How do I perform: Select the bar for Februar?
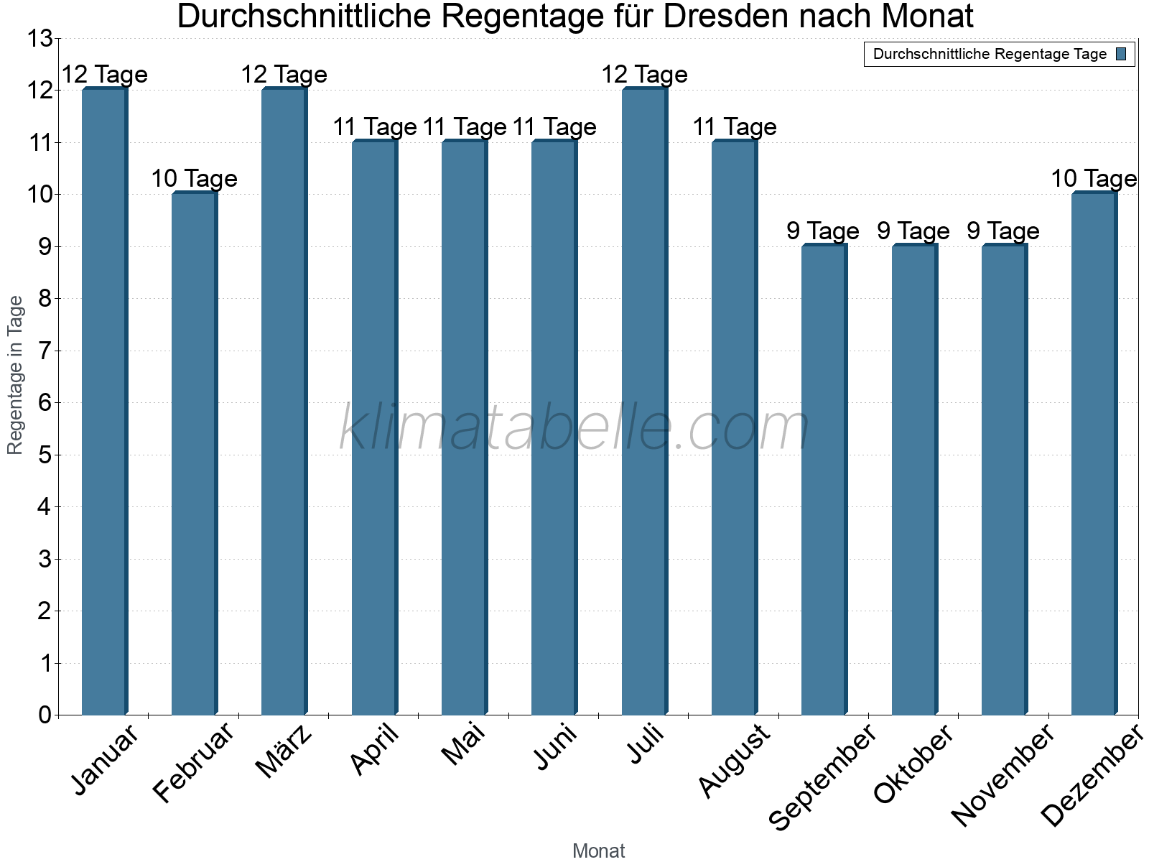tap(194, 454)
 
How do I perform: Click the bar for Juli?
tap(644, 402)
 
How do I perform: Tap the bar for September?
tap(824, 480)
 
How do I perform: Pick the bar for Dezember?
tap(1094, 454)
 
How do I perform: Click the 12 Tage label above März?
tap(284, 75)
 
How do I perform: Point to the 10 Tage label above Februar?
tap(194, 179)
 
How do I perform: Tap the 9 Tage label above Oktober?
tap(913, 231)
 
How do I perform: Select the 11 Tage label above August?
tap(734, 127)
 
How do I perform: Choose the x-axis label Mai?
tap(464, 744)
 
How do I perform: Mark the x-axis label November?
tap(1003, 776)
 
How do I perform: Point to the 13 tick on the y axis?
tap(39, 39)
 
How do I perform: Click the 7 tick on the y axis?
tap(45, 351)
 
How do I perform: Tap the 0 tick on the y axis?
tap(45, 715)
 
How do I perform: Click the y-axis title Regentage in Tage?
tap(15, 375)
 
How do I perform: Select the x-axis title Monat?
tap(598, 851)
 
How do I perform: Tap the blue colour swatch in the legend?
tap(1121, 54)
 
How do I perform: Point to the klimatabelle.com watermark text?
tap(574, 428)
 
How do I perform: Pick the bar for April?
tap(374, 428)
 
